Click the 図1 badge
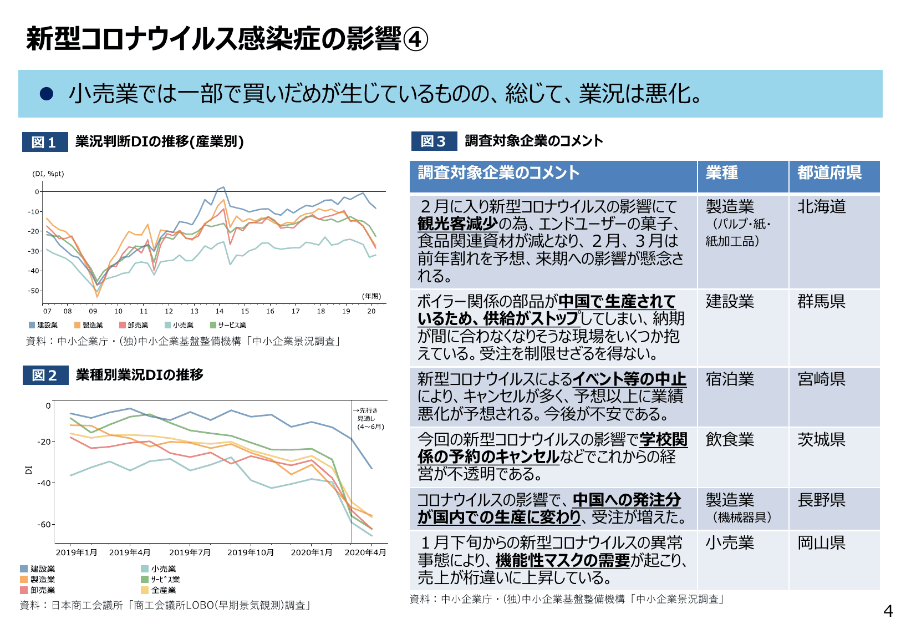coord(44,142)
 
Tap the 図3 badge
coord(434,141)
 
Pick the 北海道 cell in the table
coord(822,207)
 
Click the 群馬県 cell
coord(822,302)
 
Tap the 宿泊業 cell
coord(730,379)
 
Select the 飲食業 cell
coord(730,440)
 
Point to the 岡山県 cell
coord(822,543)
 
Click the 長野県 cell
coord(822,500)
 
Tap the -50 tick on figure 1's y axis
coord(34,291)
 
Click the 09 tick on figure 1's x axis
coord(93,311)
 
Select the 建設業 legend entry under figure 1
coord(44,326)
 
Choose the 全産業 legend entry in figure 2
coord(159,590)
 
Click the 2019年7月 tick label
coord(190,552)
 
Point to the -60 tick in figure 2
coord(44,524)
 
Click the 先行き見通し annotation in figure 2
coord(369,419)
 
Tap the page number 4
coord(888,611)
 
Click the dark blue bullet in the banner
coord(47,94)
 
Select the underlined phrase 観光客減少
coord(457,224)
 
